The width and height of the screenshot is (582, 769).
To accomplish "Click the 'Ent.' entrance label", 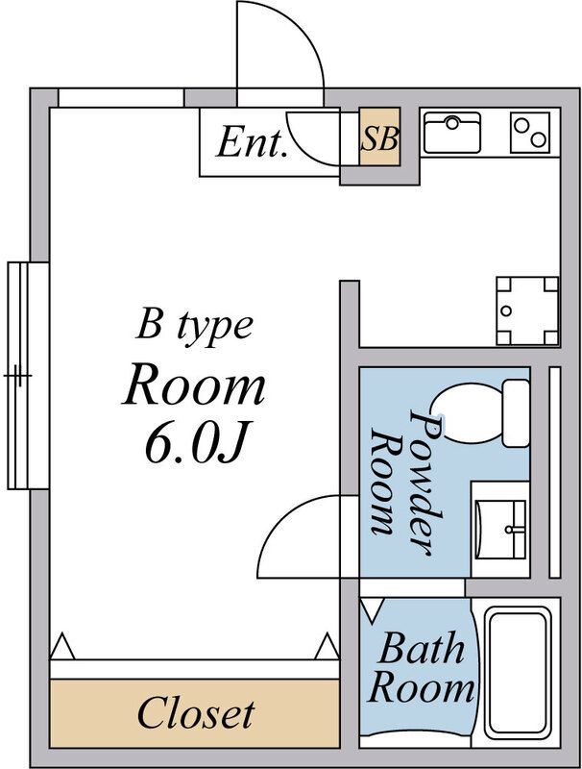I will pyautogui.click(x=252, y=143).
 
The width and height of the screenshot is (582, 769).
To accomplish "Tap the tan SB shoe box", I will pyautogui.click(x=379, y=140).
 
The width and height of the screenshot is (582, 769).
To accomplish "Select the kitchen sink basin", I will pyautogui.click(x=452, y=132).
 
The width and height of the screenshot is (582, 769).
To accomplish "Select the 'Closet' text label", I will pyautogui.click(x=195, y=713).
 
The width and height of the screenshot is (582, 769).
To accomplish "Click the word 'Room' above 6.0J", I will pyautogui.click(x=194, y=385).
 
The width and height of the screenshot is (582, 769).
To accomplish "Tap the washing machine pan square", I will pyautogui.click(x=526, y=310).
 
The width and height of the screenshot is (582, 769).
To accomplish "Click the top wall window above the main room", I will pyautogui.click(x=121, y=97).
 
